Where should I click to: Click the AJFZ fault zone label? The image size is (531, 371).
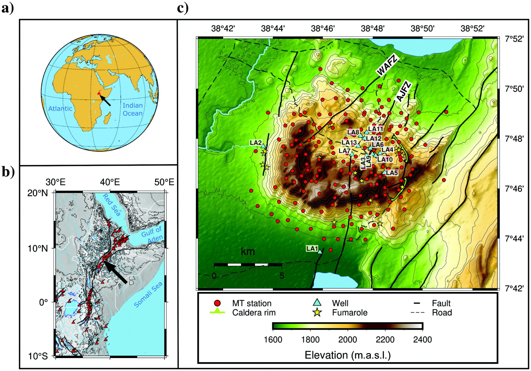pyautogui.click(x=403, y=91)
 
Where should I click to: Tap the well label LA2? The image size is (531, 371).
pyautogui.click(x=256, y=142)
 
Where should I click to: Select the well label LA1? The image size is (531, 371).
pyautogui.click(x=312, y=249)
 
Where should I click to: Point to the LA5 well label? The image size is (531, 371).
pyautogui.click(x=392, y=173)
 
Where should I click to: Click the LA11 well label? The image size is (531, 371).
pyautogui.click(x=375, y=129)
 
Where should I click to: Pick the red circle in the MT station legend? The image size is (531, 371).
pyautogui.click(x=217, y=303)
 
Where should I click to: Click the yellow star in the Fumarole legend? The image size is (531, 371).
pyautogui.click(x=317, y=313)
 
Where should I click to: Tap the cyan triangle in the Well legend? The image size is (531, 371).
pyautogui.click(x=317, y=302)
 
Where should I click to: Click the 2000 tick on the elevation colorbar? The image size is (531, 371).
pyautogui.click(x=347, y=339)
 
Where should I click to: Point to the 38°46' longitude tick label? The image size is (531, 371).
pyautogui.click(x=323, y=28)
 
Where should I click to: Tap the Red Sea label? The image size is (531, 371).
pyautogui.click(x=112, y=205)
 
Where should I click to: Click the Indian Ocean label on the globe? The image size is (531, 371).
pyautogui.click(x=132, y=109)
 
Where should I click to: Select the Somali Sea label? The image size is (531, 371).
pyautogui.click(x=148, y=294)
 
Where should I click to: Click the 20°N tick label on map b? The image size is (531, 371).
pyautogui.click(x=38, y=193)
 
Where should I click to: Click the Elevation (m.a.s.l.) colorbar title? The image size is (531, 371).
pyautogui.click(x=347, y=355)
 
